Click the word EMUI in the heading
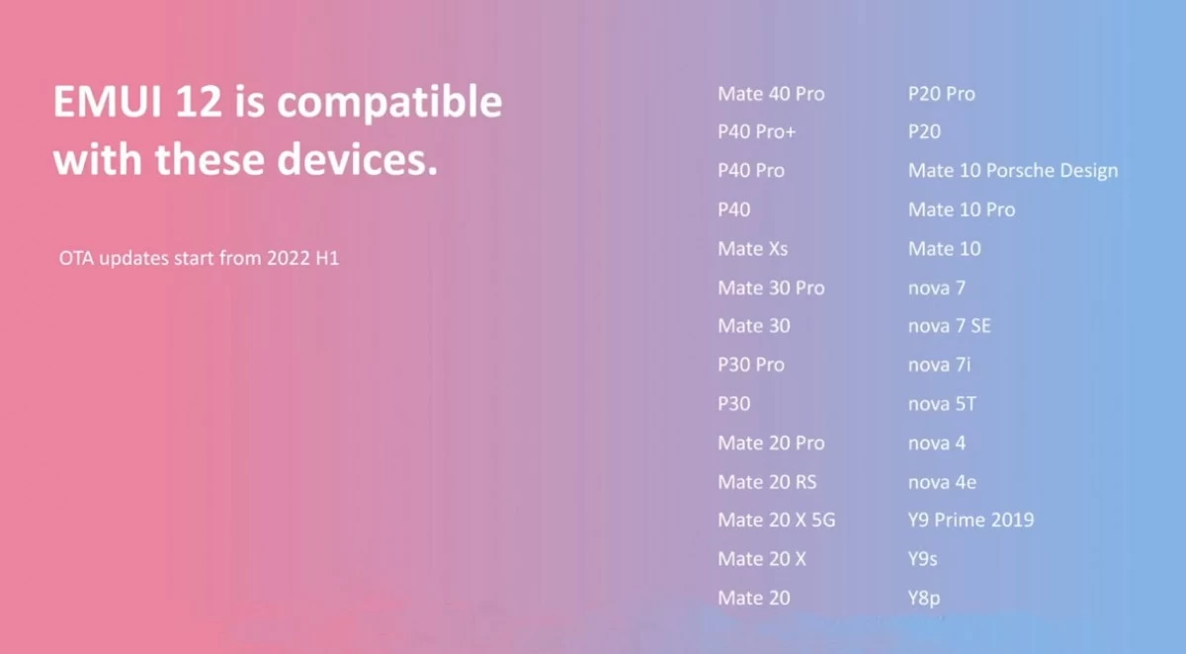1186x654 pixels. pos(108,101)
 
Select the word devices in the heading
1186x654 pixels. pos(358,159)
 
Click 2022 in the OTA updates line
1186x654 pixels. pos(288,258)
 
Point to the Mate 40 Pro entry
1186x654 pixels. pos(771,94)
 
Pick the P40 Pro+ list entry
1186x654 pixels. pos(757,131)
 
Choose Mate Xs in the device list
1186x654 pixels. pos(752,248)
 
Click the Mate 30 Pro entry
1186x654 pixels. pos(771,287)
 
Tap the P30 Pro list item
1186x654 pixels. pos(751,364)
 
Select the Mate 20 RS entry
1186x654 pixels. pos(767,481)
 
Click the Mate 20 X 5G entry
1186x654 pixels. pos(776,520)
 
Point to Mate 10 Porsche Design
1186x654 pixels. pos(1013,170)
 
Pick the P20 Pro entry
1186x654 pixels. pos(941,94)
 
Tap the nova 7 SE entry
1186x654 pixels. pos(950,325)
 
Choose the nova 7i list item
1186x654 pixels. pos(939,364)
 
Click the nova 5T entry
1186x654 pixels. pos(942,404)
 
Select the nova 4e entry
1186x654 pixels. pos(942,481)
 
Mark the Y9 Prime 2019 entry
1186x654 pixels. pos(971,520)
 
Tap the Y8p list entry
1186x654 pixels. pos(924,598)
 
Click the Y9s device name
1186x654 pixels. pos(922,559)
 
